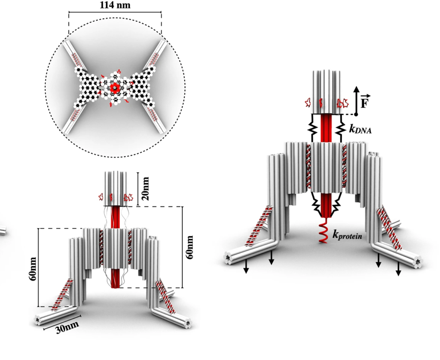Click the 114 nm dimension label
coord(115,6)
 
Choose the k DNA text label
coord(361,128)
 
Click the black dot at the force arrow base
coord(356,114)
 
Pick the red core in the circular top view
coord(115,88)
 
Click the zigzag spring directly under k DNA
coord(341,128)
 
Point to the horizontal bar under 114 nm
coord(115,13)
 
